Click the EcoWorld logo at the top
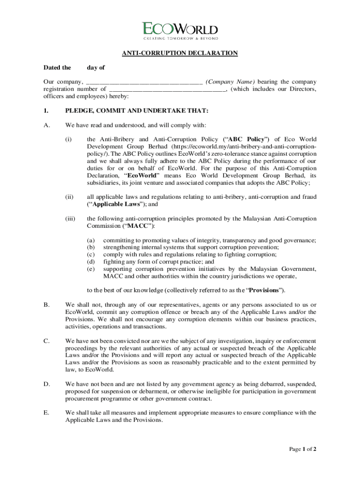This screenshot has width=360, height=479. point(180,29)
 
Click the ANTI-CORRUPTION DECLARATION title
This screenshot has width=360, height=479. point(180,53)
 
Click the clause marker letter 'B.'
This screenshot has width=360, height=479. point(47,305)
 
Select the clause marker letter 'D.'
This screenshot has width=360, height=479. point(47,384)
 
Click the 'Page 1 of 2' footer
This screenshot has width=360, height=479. point(303,450)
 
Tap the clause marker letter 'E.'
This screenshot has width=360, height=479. point(47,413)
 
